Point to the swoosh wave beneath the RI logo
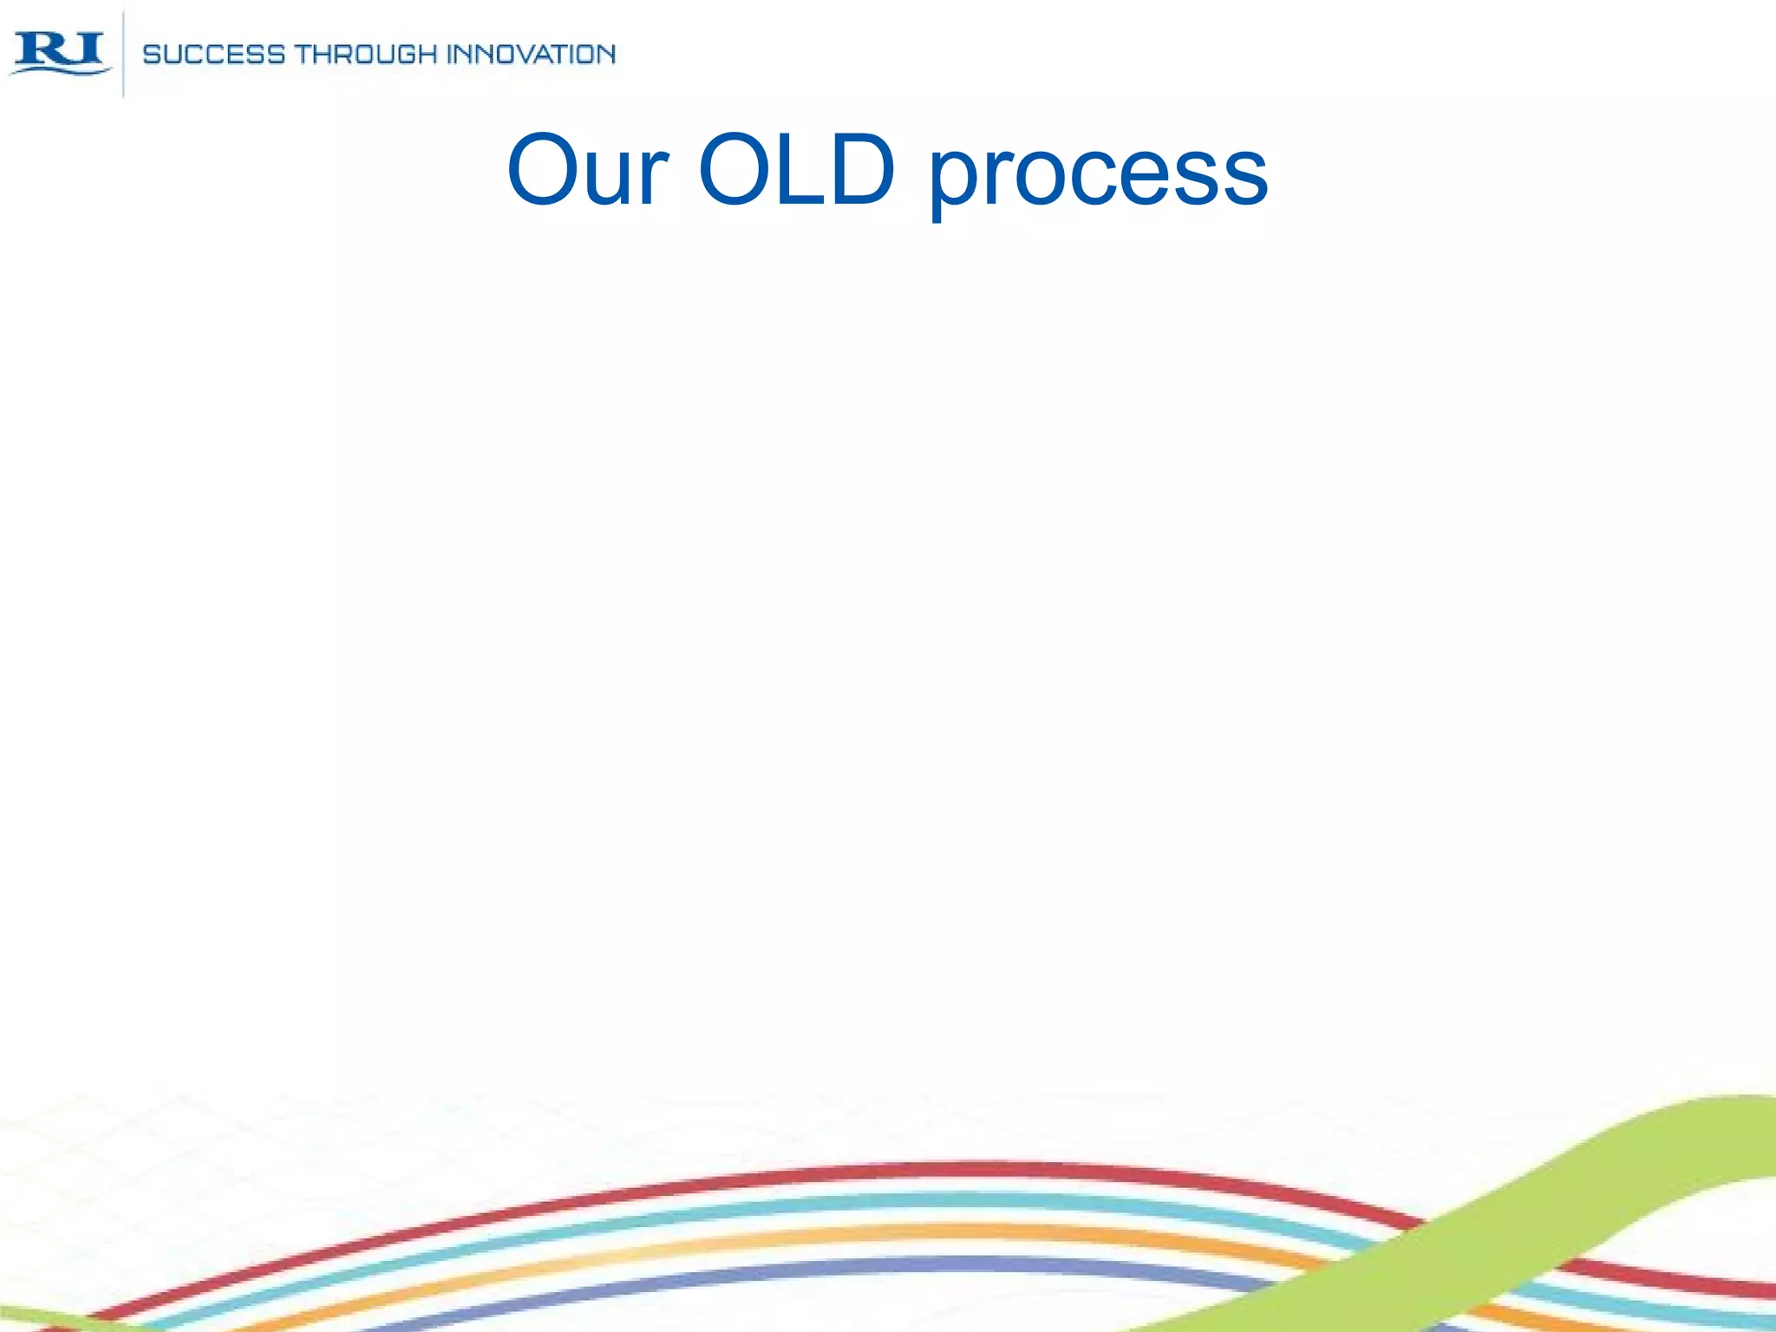(61, 70)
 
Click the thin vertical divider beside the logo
(123, 54)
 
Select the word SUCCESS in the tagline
(213, 55)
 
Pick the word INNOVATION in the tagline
(531, 55)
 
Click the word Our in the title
(588, 171)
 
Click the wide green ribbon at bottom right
(1648, 1153)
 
